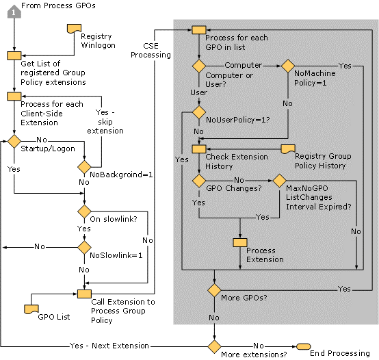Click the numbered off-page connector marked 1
[x=14, y=12]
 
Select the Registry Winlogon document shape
[x=74, y=29]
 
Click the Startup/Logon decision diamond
[x=14, y=141]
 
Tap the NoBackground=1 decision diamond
[x=84, y=167]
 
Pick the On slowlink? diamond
[x=84, y=211]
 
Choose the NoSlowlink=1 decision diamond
[x=84, y=247]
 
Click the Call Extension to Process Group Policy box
[x=84, y=294]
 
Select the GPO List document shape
[x=31, y=309]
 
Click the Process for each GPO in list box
[x=199, y=30]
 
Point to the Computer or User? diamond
[x=199, y=66]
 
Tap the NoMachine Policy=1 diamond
[x=288, y=66]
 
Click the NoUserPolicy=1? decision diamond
[x=199, y=112]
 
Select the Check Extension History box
[x=199, y=149]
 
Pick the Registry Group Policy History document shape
[x=288, y=149]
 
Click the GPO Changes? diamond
[x=199, y=181]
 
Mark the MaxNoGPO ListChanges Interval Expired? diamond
[x=279, y=181]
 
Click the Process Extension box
[x=240, y=242]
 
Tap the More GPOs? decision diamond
[x=214, y=290]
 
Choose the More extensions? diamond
[x=214, y=346]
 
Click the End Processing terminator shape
[x=303, y=346]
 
